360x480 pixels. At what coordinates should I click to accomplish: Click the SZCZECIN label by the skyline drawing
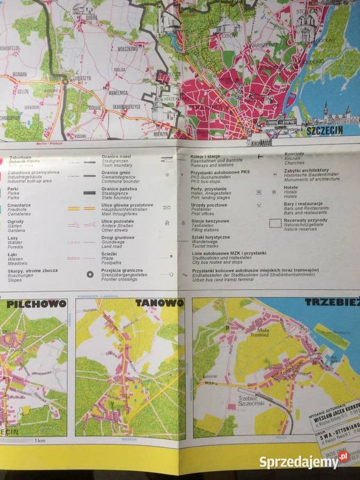(324, 130)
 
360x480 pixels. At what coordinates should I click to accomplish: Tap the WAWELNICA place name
(117, 92)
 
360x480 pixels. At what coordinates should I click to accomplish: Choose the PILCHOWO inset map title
(36, 304)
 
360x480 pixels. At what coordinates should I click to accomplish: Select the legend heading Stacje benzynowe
(210, 221)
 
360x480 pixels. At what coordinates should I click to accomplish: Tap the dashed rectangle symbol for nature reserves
(275, 223)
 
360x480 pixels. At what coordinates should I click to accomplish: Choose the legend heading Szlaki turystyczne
(211, 237)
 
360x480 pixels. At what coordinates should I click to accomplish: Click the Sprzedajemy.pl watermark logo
(305, 460)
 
